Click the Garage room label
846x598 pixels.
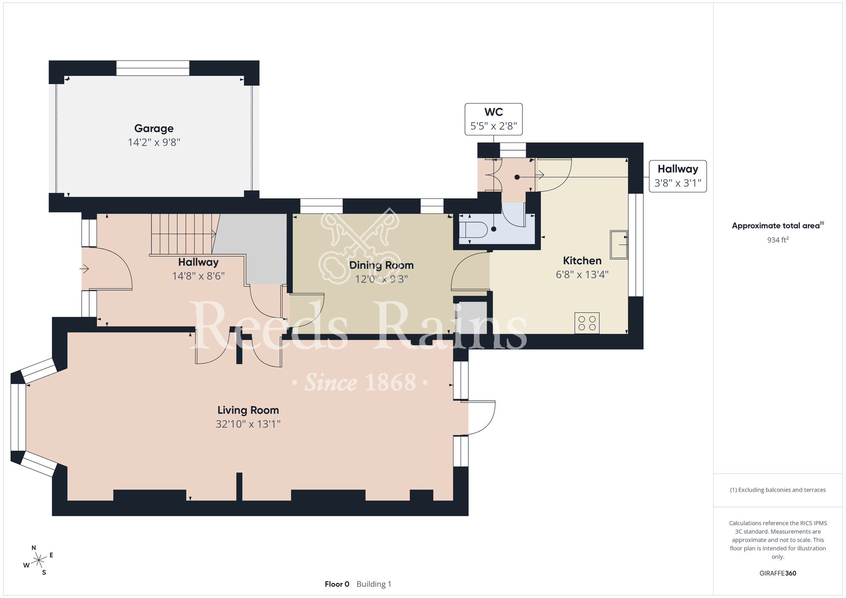point(154,129)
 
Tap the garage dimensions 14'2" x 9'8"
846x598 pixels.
point(154,142)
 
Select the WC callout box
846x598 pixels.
point(494,119)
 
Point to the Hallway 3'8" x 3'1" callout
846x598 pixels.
point(678,176)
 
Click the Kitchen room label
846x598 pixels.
point(582,261)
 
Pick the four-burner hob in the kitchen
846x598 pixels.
point(587,323)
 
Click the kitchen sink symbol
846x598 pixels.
point(619,244)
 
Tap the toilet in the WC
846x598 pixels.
point(474,230)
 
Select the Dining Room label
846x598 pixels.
point(381,265)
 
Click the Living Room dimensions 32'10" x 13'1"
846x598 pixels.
point(248,424)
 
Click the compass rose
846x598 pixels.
point(39,560)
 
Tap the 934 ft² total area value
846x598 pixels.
point(778,240)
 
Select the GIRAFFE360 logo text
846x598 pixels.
point(778,573)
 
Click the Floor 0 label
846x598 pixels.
point(337,584)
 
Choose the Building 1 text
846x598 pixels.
point(374,584)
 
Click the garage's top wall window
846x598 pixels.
point(153,68)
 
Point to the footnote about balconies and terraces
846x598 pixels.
point(778,490)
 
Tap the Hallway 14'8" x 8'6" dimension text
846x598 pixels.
point(198,276)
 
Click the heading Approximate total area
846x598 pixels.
point(778,225)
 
